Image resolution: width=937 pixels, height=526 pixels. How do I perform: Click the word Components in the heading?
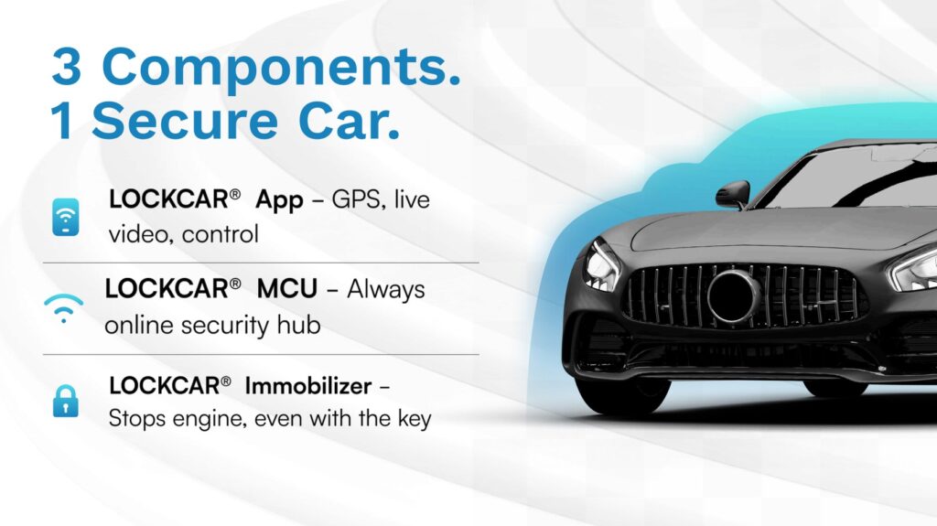[x=282, y=68]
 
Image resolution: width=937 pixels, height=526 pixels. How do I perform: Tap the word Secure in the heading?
[x=185, y=122]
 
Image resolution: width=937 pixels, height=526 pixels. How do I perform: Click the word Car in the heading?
[x=349, y=122]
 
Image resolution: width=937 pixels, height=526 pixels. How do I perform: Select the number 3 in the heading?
[x=66, y=66]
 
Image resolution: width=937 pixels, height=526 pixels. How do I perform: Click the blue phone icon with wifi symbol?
[x=66, y=217]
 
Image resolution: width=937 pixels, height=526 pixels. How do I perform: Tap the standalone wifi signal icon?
[x=63, y=307]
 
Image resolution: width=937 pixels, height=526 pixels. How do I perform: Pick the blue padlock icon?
[x=66, y=401]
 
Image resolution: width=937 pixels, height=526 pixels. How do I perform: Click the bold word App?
[x=279, y=201]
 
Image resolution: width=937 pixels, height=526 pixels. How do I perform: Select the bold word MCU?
[x=286, y=289]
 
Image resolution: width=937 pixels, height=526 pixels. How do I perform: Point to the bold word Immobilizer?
[x=307, y=386]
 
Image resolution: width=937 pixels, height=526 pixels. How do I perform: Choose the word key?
[x=415, y=419]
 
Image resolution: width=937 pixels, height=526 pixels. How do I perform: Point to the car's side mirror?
[x=733, y=194]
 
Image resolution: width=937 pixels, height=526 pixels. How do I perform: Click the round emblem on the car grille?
[x=732, y=295]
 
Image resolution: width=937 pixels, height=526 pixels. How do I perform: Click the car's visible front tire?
[x=622, y=395]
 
